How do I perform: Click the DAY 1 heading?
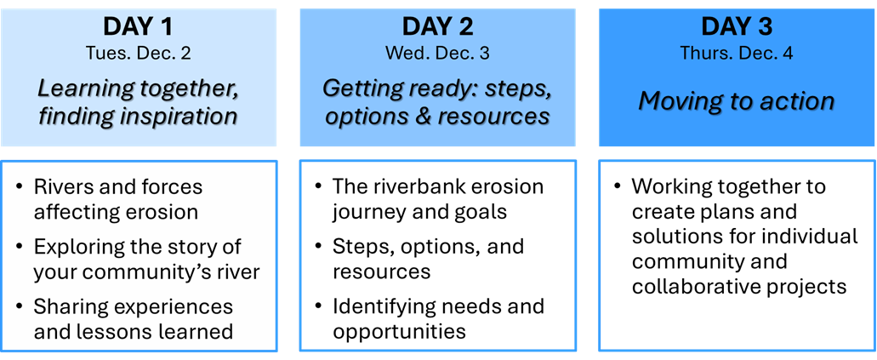click(x=138, y=27)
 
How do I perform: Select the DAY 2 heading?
click(x=437, y=27)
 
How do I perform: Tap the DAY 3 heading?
click(x=737, y=27)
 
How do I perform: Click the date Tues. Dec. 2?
click(x=138, y=53)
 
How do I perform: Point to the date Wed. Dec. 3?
click(x=437, y=53)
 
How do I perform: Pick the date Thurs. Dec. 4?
click(x=737, y=53)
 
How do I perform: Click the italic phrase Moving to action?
click(x=737, y=101)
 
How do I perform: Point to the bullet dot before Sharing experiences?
click(x=20, y=307)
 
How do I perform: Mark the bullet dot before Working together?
click(x=618, y=186)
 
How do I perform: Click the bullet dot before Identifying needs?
click(x=319, y=307)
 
